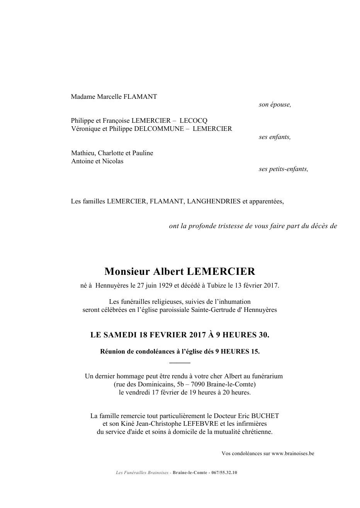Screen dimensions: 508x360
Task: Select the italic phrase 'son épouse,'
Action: point(275,105)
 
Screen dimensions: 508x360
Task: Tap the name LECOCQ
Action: point(194,121)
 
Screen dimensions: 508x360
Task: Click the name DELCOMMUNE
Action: point(159,129)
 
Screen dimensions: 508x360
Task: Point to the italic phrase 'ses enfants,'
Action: point(275,137)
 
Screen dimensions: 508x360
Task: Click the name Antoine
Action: point(82,161)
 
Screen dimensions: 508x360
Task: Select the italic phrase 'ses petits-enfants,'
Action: point(284,169)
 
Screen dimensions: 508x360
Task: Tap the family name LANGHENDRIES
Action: point(214,201)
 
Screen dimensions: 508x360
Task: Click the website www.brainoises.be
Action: point(293,454)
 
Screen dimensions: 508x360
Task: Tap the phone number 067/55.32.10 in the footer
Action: point(224,472)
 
